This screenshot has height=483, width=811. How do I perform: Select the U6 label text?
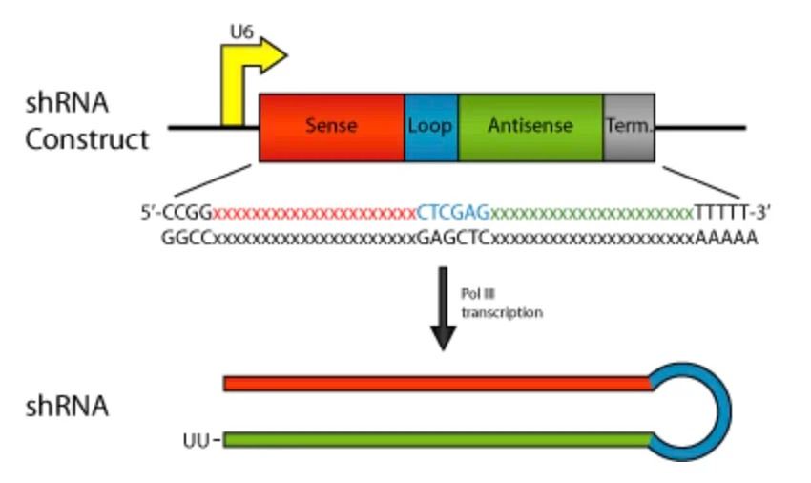tap(241, 32)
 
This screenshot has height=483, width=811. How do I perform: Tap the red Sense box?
tap(331, 126)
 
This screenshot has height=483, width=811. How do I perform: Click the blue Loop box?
tap(431, 126)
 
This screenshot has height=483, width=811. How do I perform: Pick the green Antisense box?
tap(530, 126)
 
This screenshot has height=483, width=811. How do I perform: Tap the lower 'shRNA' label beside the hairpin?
tap(67, 407)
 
